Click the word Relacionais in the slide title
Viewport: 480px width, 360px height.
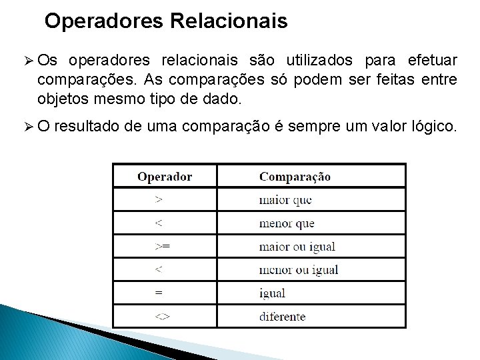(229, 21)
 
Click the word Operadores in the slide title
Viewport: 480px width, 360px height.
(105, 21)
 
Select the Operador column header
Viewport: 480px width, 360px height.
(165, 177)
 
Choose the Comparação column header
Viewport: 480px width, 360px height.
(295, 177)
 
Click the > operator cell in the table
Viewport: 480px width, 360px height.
(158, 199)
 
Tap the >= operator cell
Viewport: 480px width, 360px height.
(162, 246)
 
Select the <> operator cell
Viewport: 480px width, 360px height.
(162, 316)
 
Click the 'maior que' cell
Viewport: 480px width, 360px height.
(285, 199)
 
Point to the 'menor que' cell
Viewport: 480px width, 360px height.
(287, 223)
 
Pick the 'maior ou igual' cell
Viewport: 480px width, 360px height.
(297, 246)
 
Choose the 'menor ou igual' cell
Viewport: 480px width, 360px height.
(299, 269)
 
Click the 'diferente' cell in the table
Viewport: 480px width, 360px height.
(282, 316)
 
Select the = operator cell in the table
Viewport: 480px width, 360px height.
(158, 293)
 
